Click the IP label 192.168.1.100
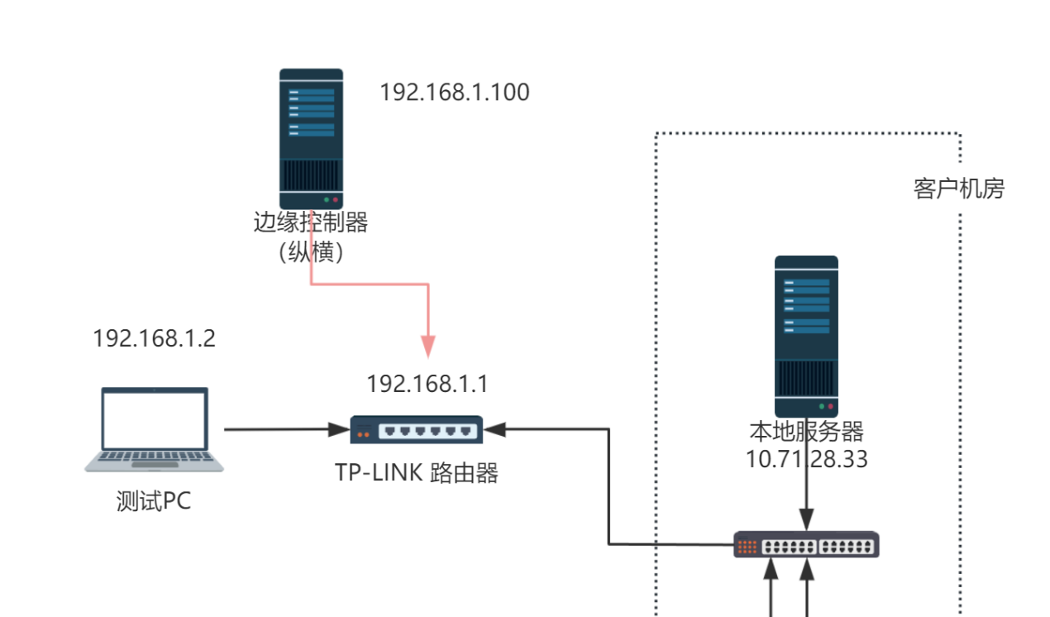pyautogui.click(x=454, y=92)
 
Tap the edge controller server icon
pyautogui.click(x=311, y=138)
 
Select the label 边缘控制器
pyautogui.click(x=311, y=222)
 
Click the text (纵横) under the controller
pyautogui.click(x=311, y=251)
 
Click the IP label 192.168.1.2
pyautogui.click(x=154, y=338)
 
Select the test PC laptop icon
pyautogui.click(x=155, y=429)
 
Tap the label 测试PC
pyautogui.click(x=154, y=501)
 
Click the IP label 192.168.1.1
pyautogui.click(x=427, y=384)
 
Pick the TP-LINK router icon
pyautogui.click(x=417, y=430)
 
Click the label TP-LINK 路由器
pyautogui.click(x=417, y=472)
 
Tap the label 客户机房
pyautogui.click(x=958, y=189)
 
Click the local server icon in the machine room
pyautogui.click(x=806, y=336)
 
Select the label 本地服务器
pyautogui.click(x=806, y=432)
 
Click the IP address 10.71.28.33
pyautogui.click(x=806, y=459)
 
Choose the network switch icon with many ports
pyautogui.click(x=806, y=545)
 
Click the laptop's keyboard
pyautogui.click(x=155, y=459)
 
